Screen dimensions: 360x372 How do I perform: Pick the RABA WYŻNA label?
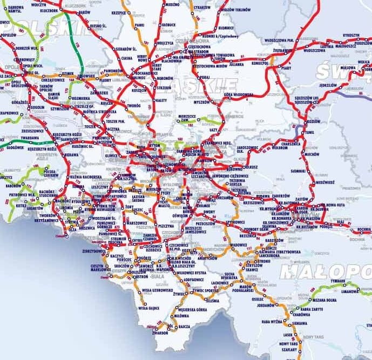click(x=272, y=322)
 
